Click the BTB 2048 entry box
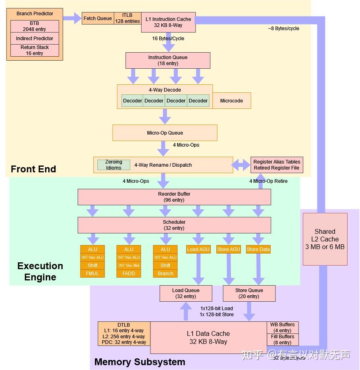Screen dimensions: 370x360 tap(35, 27)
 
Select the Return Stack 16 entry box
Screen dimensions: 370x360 tap(35, 50)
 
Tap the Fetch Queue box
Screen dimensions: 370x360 tap(97, 18)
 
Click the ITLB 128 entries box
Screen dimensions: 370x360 tap(127, 18)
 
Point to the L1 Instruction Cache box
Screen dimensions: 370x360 tap(169, 22)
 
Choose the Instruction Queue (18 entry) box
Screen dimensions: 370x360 tap(168, 60)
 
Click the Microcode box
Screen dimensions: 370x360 tap(232, 101)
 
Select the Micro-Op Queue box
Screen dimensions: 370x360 tap(165, 133)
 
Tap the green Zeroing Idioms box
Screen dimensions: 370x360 tap(114, 165)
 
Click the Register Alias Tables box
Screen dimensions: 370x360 tap(277, 165)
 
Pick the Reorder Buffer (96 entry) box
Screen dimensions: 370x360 tap(174, 197)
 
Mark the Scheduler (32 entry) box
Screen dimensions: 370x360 tap(174, 225)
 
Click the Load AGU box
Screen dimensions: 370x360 tap(198, 249)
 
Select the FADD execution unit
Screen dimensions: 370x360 tap(129, 274)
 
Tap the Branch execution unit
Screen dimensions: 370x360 tap(165, 274)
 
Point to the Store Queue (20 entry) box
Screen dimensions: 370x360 tap(249, 293)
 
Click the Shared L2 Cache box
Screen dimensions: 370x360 tap(325, 239)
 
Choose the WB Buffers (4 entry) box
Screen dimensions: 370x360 tap(282, 327)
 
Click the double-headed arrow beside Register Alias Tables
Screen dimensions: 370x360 tap(241, 165)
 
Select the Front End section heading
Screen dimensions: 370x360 tap(33, 169)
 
